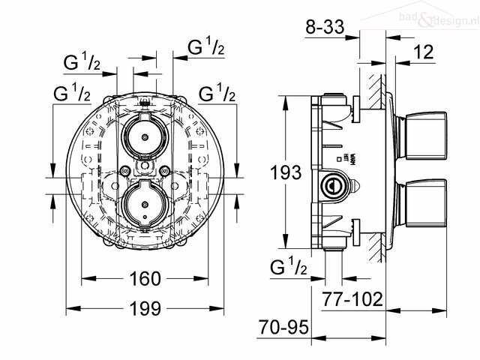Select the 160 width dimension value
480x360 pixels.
pos(145,279)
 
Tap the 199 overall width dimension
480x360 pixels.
pos(145,308)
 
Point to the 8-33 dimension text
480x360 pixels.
pos(325,28)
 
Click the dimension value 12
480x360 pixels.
pos(424,52)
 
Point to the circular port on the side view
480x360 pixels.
pos(331,183)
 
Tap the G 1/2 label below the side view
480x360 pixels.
pos(288,267)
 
